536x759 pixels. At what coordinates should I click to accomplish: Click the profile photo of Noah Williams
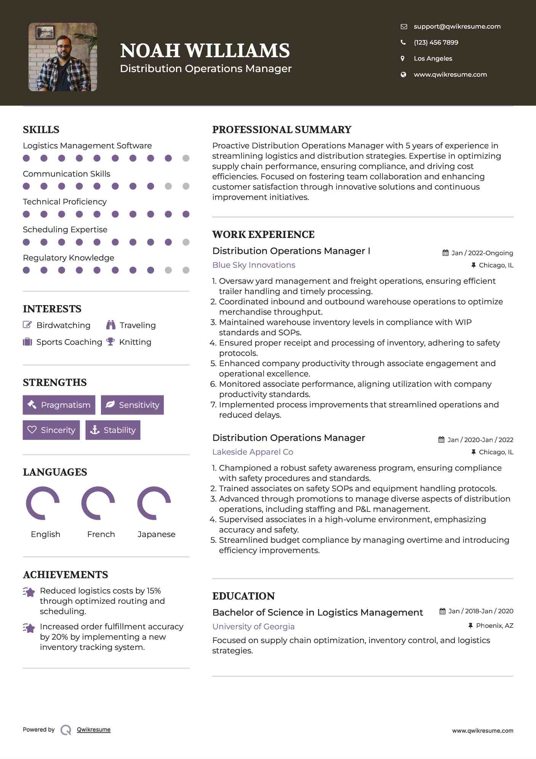click(x=63, y=57)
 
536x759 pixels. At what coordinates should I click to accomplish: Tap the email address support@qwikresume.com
click(x=457, y=26)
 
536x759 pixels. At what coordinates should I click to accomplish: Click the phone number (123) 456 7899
click(x=436, y=42)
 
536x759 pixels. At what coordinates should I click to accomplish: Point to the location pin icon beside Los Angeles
click(x=403, y=58)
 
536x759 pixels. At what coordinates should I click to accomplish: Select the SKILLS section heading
click(x=41, y=130)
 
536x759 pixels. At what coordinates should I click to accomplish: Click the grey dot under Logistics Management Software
click(x=186, y=158)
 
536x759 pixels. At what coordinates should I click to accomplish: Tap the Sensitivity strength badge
click(x=132, y=405)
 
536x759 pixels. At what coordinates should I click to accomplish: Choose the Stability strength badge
click(x=113, y=430)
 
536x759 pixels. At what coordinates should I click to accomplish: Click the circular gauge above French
click(x=98, y=503)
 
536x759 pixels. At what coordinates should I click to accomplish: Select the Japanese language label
click(x=156, y=534)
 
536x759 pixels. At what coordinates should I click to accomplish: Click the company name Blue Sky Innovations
click(x=254, y=265)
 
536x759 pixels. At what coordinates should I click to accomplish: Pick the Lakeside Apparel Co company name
click(x=253, y=452)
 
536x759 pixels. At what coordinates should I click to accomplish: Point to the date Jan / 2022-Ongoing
click(x=482, y=253)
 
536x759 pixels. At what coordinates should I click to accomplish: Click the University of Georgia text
click(x=253, y=627)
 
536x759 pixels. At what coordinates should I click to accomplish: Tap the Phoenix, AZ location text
click(x=494, y=626)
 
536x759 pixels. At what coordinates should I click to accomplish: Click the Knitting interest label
click(x=135, y=342)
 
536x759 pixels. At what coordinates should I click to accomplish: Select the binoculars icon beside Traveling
click(x=111, y=325)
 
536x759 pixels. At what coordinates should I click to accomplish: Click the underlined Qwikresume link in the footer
click(x=94, y=730)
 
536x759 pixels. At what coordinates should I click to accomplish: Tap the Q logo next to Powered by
click(x=66, y=730)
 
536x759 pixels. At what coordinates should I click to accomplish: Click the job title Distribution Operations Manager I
click(x=291, y=251)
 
